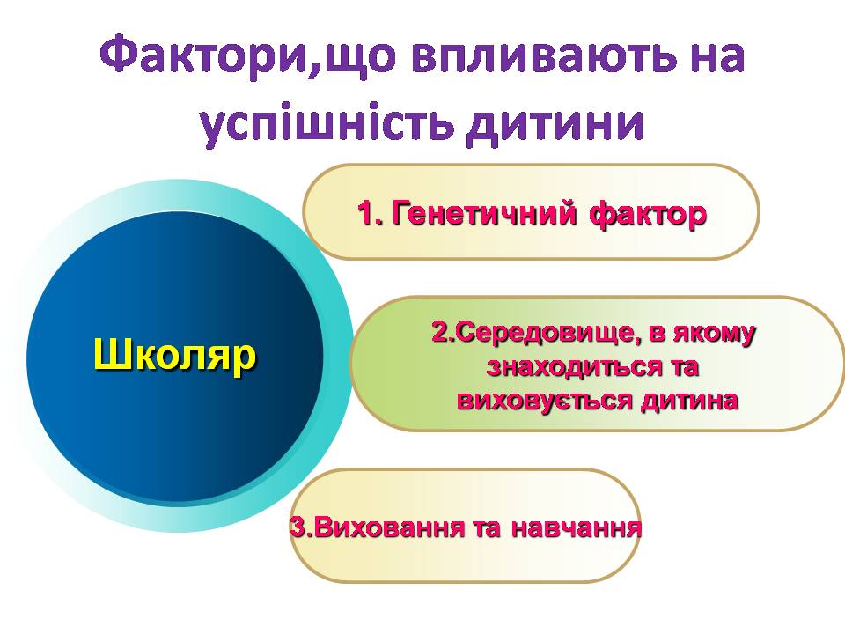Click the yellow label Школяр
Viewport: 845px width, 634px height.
pos(175,355)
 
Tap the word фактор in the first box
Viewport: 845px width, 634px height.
pos(648,215)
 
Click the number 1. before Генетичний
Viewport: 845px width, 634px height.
pos(371,213)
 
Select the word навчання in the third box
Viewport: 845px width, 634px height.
pos(576,528)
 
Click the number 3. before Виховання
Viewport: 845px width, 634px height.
pos(301,527)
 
